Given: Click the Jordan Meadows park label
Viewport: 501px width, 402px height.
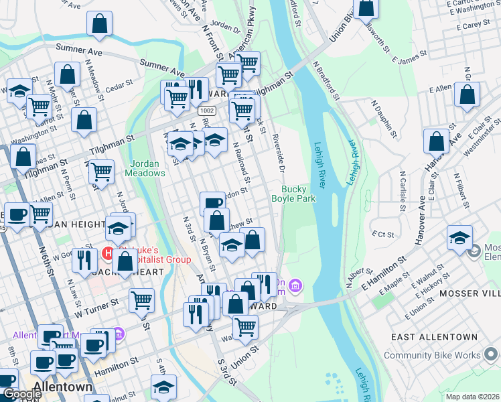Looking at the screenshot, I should [145, 168].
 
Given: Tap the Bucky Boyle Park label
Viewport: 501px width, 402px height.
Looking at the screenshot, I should [293, 194].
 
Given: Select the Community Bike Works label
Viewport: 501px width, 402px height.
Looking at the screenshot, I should [441, 355].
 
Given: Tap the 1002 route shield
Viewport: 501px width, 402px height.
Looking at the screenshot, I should [206, 111].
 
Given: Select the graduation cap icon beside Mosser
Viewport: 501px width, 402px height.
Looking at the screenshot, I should [460, 239].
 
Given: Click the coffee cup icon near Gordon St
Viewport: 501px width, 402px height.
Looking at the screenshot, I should [212, 203].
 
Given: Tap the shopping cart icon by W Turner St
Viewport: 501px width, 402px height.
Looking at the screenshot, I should [141, 301].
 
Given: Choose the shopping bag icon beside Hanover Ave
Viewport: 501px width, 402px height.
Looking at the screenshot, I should [436, 141].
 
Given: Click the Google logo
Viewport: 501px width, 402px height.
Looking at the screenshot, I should [21, 393].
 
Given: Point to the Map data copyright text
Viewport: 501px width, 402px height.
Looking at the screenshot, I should [472, 396].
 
